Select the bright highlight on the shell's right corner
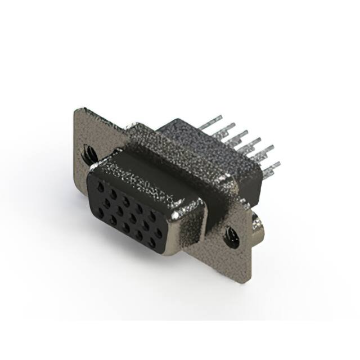coord(186,213)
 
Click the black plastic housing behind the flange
coord(186,135)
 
